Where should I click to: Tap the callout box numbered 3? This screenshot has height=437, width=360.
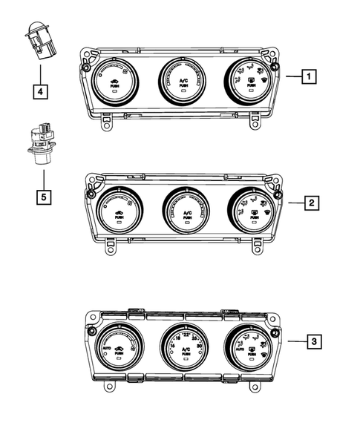pos(315,341)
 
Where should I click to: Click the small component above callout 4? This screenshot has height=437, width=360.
pos(41,42)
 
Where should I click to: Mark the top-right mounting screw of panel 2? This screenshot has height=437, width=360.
pos(278,194)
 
